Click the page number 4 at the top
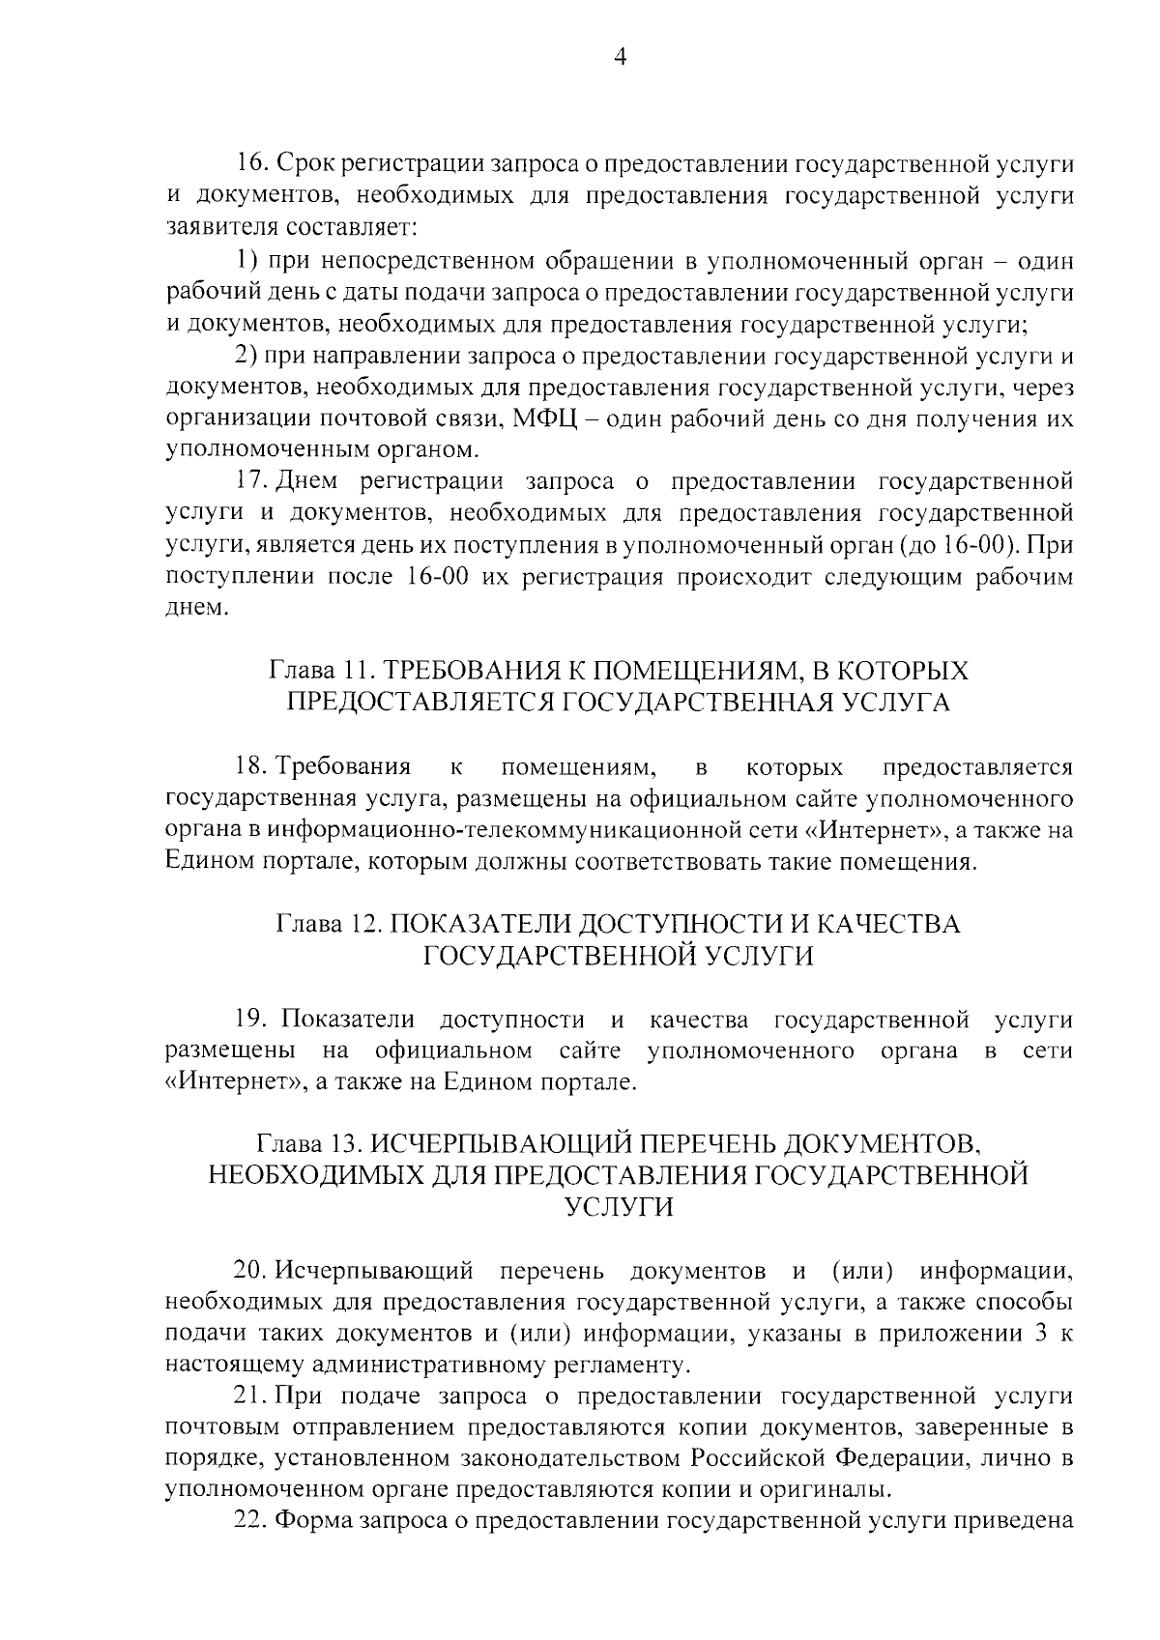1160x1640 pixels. (x=621, y=59)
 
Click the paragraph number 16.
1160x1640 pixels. (x=251, y=164)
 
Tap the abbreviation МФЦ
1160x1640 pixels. (x=546, y=419)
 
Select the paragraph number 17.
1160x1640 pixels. (x=251, y=482)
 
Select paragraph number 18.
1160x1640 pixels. (x=251, y=768)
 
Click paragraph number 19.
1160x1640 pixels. (x=251, y=1020)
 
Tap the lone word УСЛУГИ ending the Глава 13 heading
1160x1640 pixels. (x=619, y=1208)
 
